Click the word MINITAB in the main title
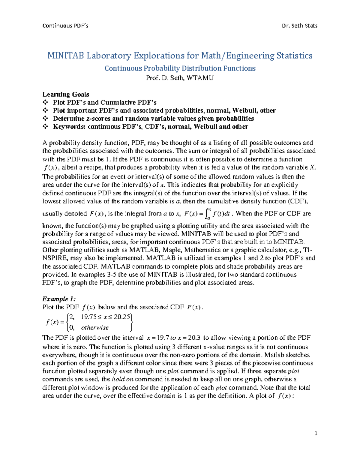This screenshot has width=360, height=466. point(65,56)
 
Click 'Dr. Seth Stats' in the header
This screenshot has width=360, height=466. point(299,26)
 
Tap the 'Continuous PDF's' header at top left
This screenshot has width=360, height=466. point(65,26)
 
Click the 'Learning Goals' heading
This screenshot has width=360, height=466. point(66,95)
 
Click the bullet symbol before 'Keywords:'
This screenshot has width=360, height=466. point(45,127)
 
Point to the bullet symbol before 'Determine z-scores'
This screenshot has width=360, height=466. point(45,119)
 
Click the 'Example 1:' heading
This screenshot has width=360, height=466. point(59,299)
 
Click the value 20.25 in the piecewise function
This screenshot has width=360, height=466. point(122,317)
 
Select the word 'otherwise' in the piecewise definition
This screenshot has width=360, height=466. point(95,328)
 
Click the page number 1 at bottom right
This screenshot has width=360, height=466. point(316,433)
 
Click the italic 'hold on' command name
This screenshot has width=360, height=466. point(122,379)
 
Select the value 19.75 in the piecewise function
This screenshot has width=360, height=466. point(89,317)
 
